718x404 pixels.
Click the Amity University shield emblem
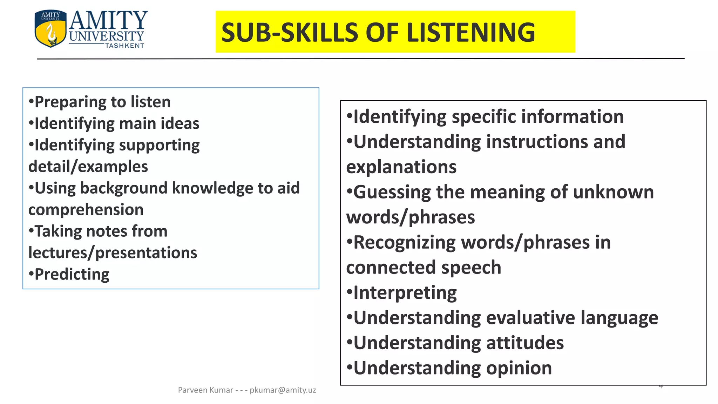[x=50, y=29]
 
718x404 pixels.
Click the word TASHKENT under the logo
[x=125, y=46]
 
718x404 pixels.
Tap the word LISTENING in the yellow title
[x=470, y=33]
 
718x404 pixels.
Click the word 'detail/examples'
[x=88, y=167]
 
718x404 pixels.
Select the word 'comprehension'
[x=86, y=210]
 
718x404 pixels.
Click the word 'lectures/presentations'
[x=113, y=253]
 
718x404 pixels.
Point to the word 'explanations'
[x=401, y=167]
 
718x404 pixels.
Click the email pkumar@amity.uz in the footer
[x=283, y=390]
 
